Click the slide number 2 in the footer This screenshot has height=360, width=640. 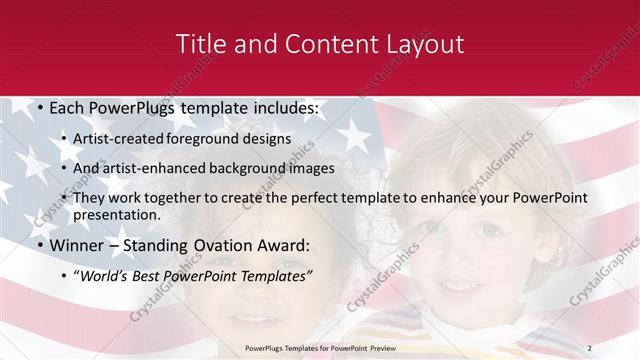point(618,347)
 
